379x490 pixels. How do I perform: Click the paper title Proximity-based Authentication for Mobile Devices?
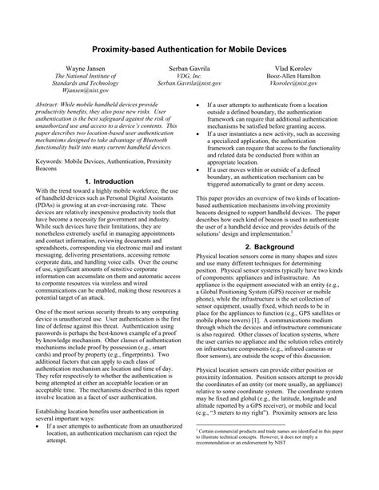click(189, 50)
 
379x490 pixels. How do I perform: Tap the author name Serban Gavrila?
click(189, 71)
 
